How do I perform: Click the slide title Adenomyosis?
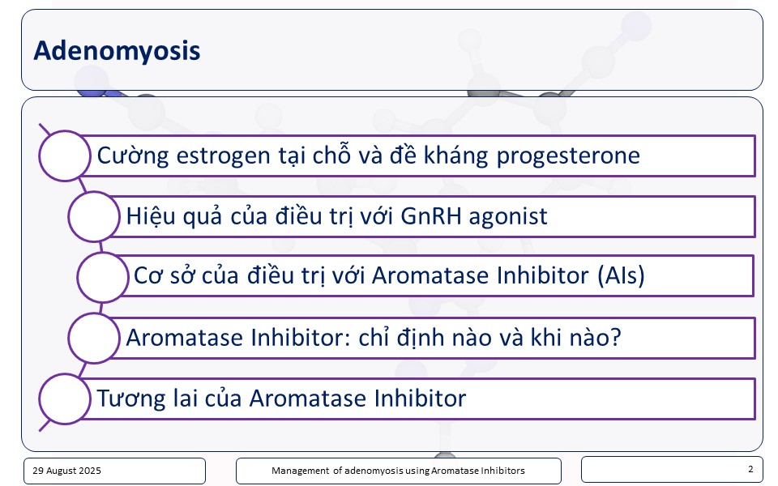pyautogui.click(x=117, y=50)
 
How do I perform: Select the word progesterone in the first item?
pyautogui.click(x=568, y=156)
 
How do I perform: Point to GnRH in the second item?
pyautogui.click(x=430, y=216)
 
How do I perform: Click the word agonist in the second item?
pyautogui.click(x=507, y=217)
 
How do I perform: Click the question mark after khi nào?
pyautogui.click(x=615, y=337)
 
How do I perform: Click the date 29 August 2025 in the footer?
pyautogui.click(x=66, y=471)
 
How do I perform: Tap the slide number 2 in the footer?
pyautogui.click(x=750, y=469)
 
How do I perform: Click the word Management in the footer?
pyautogui.click(x=300, y=471)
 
